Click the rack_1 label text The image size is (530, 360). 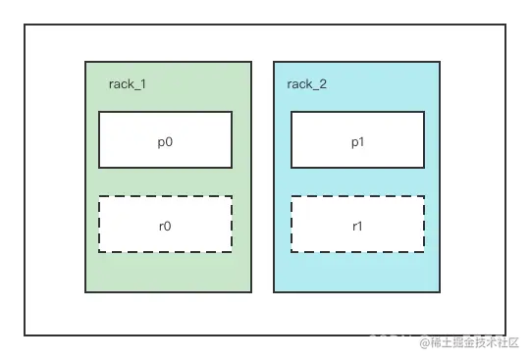[128, 84]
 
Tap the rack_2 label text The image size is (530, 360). [307, 84]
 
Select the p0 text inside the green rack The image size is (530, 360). [165, 140]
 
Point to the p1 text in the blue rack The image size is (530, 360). [357, 140]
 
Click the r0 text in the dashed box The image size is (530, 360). [165, 225]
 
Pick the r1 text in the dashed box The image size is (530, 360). [357, 225]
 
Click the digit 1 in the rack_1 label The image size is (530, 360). [143, 84]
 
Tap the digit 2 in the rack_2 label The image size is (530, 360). [323, 84]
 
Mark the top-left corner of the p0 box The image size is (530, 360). [99, 112]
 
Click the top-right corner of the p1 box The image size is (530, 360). [424, 112]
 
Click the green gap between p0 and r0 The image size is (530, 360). [165, 182]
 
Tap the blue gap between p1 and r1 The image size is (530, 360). [357, 182]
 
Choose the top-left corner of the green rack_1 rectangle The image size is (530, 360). [85, 62]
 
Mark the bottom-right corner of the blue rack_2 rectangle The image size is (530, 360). [440, 291]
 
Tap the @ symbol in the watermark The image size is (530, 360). [424, 342]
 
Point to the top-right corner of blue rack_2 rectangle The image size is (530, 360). [440, 62]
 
